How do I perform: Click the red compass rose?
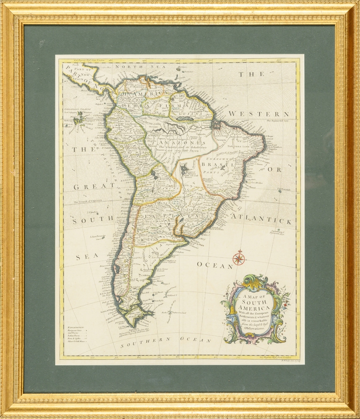[238, 258]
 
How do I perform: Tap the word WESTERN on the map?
[259, 114]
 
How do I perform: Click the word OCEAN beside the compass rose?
[215, 265]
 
